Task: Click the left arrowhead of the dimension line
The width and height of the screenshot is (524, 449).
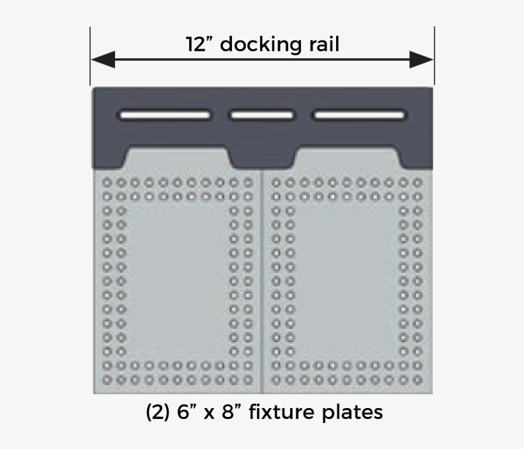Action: [103, 59]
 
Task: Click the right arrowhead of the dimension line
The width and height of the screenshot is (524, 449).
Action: [421, 59]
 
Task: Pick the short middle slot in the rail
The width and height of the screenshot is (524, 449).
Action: [261, 115]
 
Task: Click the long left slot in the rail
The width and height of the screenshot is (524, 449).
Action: [165, 115]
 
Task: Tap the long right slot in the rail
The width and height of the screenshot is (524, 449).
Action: [359, 115]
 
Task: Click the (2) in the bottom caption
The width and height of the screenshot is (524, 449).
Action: [157, 412]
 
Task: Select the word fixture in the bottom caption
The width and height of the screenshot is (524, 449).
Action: [282, 411]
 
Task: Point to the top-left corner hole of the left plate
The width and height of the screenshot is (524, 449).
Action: [107, 183]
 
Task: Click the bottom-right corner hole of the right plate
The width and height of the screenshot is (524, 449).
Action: [417, 380]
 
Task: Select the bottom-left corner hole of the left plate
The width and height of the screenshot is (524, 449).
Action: [107, 380]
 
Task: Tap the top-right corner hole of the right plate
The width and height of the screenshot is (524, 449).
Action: [417, 183]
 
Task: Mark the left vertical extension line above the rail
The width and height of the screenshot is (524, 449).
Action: [90, 56]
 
